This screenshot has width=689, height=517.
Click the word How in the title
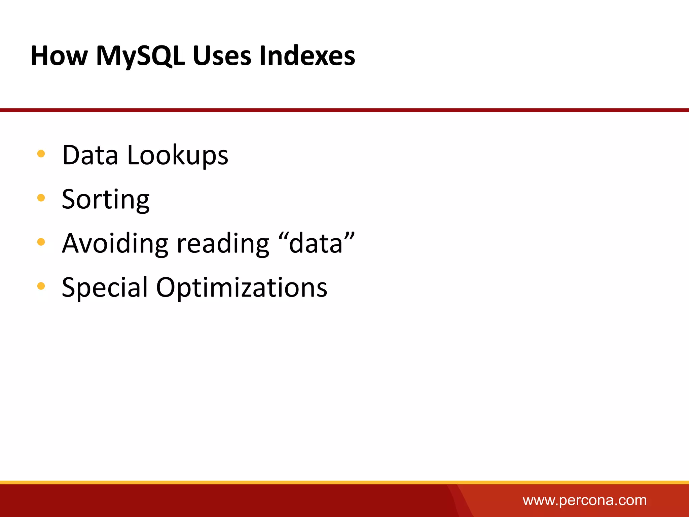[x=59, y=56]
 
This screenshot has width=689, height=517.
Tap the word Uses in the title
[x=222, y=56]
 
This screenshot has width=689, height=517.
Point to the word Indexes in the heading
[x=307, y=56]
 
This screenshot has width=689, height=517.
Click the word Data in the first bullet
[x=90, y=155]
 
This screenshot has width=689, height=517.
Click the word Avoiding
[x=115, y=243]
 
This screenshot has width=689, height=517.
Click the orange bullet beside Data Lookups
[x=41, y=154]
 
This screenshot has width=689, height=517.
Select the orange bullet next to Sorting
[x=41, y=198]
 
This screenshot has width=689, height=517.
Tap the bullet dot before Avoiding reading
[x=41, y=242]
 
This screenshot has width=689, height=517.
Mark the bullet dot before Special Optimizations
[x=41, y=286]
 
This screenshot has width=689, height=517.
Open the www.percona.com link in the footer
[x=584, y=501]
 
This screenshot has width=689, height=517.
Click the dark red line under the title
[x=344, y=110]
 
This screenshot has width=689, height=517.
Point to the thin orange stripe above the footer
[x=344, y=482]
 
